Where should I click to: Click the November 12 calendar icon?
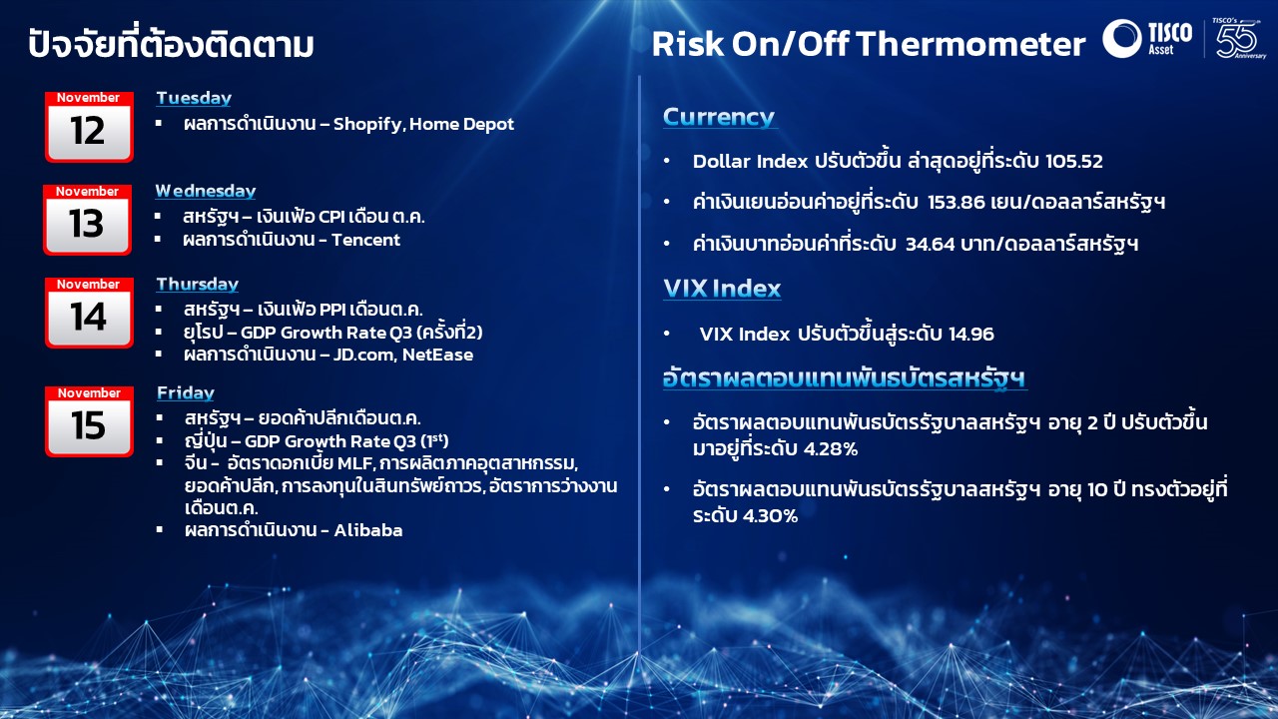point(89,127)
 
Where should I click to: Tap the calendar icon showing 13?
point(87,220)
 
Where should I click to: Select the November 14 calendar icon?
point(89,313)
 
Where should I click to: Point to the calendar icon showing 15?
point(89,421)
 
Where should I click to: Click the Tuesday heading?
point(194,98)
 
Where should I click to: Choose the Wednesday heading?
point(206,191)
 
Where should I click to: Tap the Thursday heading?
point(198,285)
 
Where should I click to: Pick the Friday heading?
point(186,392)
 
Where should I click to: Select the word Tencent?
point(365,240)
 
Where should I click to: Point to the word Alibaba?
point(368,530)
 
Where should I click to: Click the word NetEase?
point(437,355)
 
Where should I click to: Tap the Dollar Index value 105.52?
point(1073,161)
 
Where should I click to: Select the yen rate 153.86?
point(957,202)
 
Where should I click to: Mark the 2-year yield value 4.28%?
point(830,449)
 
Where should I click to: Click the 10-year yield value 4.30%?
point(770,516)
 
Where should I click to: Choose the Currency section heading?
point(719,117)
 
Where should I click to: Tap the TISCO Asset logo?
point(1147,38)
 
